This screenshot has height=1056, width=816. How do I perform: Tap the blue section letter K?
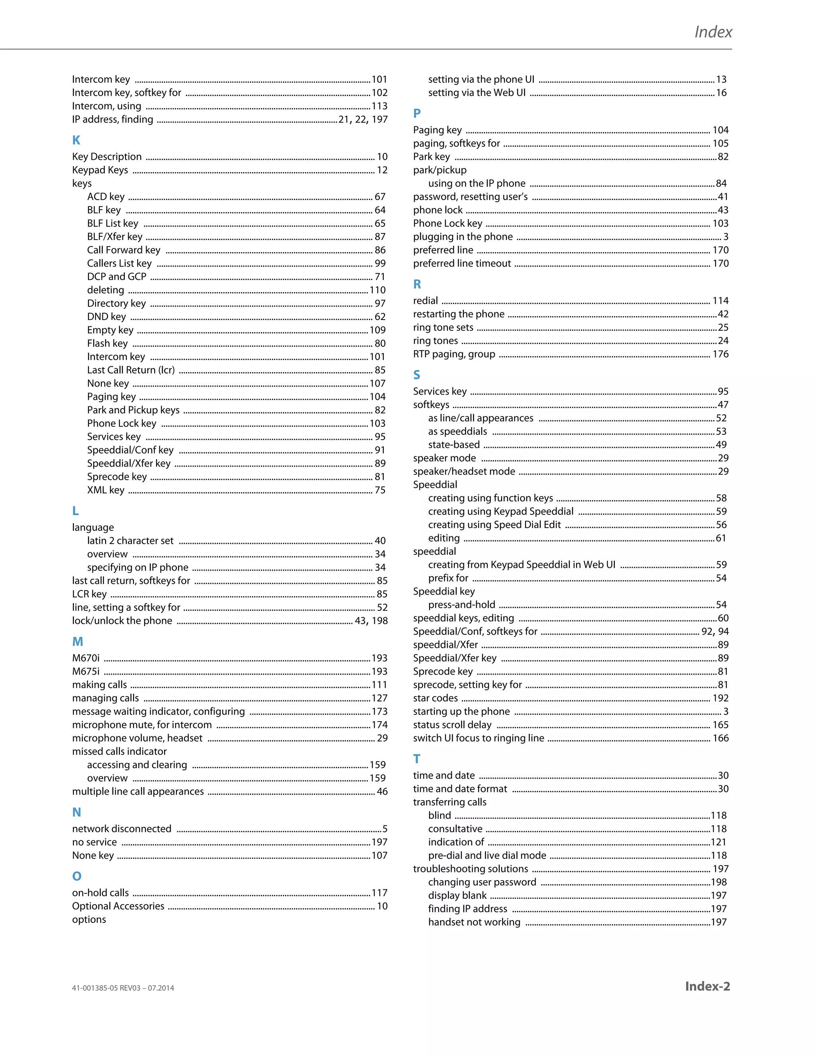[x=76, y=140]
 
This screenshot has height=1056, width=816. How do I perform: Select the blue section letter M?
[x=77, y=642]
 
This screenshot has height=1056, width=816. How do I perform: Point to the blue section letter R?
[x=417, y=284]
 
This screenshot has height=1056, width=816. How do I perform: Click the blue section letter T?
[x=416, y=759]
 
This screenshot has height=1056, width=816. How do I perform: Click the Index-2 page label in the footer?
[x=707, y=986]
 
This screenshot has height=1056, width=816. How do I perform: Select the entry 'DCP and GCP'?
[x=116, y=277]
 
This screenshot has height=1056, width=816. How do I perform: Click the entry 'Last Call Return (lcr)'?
[x=131, y=370]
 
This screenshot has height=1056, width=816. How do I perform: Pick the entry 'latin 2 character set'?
[x=130, y=541]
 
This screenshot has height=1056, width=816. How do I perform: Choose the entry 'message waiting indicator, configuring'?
[x=158, y=711]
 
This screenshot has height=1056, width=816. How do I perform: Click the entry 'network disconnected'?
[x=122, y=829]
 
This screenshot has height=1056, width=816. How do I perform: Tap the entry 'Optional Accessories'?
[x=118, y=906]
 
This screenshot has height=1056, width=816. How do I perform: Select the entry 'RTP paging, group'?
[x=454, y=354]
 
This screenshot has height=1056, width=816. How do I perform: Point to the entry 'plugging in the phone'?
[x=463, y=236]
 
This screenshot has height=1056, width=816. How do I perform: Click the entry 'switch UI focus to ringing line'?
[x=478, y=738]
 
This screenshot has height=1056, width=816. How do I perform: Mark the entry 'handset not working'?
[x=474, y=922]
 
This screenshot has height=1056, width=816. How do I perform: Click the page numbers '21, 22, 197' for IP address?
[x=363, y=120]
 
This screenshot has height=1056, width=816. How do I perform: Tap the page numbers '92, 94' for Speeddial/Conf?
[x=715, y=632]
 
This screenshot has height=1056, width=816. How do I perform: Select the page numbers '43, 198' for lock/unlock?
[x=371, y=621]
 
